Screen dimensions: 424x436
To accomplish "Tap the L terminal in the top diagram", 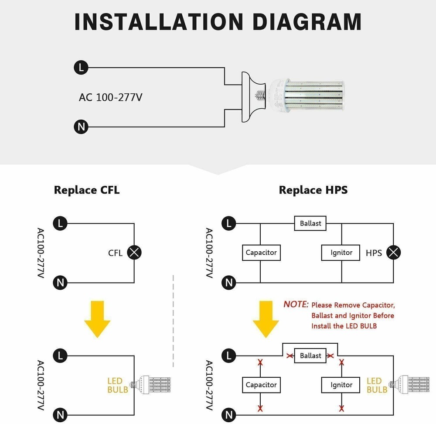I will tap(81, 68).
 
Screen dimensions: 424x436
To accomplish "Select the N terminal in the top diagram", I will tap(81, 127).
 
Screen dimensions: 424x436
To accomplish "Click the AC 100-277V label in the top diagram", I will tap(110, 97).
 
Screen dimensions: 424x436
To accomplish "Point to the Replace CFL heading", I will tap(87, 190).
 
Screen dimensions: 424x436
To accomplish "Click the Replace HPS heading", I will tap(313, 190).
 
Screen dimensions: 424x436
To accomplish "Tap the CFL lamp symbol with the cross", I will tap(134, 253).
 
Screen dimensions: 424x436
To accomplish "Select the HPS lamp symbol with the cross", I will tap(394, 253).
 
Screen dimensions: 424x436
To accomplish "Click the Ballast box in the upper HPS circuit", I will tap(310, 223).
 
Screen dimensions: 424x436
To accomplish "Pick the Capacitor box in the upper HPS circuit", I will tap(261, 253).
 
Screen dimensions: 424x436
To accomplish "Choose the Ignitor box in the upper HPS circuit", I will tap(341, 253).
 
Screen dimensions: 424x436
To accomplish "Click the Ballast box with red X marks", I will tap(310, 356).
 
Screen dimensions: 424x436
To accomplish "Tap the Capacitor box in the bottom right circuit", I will tap(261, 385).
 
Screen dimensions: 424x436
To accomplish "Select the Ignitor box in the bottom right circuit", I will tap(341, 385).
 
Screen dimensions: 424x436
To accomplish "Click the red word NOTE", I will tap(296, 304).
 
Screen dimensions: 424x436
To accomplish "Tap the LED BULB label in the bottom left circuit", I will tap(118, 385).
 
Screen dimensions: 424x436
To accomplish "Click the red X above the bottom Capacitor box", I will tap(260, 362).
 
